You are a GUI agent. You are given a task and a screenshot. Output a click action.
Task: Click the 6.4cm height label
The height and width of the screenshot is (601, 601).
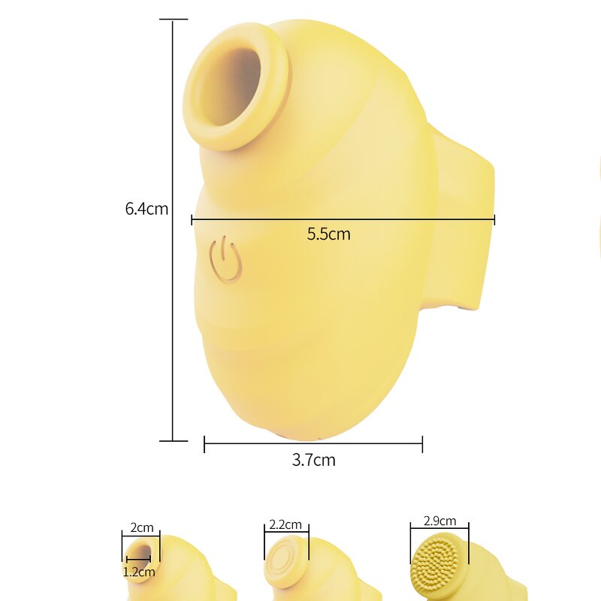pos(146,208)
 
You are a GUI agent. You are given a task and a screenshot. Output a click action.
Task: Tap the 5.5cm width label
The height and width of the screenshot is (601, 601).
pos(328,234)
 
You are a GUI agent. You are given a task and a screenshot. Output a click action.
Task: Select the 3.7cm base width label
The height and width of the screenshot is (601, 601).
pos(313,460)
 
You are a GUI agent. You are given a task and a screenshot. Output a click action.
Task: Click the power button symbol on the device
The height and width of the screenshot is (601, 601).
pos(225,259)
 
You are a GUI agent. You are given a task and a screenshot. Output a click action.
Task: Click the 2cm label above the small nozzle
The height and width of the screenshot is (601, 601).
pos(141,527)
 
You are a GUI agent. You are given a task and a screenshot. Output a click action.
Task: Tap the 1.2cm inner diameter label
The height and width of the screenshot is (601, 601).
pos(140,572)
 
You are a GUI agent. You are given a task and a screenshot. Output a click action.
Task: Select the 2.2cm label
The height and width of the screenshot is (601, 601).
pos(285,524)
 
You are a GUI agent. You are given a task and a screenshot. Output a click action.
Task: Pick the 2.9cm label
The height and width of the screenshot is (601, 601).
pos(439,521)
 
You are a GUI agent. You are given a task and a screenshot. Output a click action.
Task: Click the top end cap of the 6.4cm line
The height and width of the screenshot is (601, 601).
pos(173,20)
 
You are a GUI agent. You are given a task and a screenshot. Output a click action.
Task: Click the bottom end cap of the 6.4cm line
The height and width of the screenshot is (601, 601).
pos(173,440)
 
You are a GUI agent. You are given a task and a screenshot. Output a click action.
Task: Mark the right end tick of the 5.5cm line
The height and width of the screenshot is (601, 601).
pos(494,219)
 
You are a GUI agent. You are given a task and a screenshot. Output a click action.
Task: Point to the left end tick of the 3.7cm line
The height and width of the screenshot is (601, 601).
pos(204,444)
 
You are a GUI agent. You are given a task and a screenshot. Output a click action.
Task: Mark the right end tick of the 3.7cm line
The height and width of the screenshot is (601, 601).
pos(422,444)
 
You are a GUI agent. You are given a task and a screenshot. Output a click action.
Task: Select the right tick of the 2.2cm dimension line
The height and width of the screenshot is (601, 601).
pos(308,533)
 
